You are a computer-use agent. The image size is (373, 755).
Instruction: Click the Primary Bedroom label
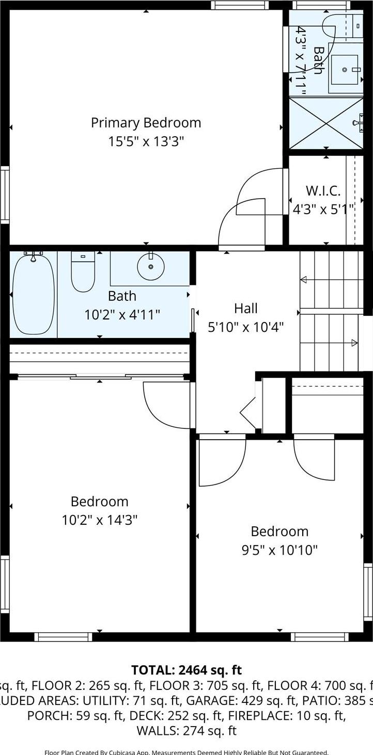tap(146, 123)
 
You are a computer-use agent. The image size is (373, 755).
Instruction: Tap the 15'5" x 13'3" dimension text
tap(146, 141)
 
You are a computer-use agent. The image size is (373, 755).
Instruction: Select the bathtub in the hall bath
tap(34, 294)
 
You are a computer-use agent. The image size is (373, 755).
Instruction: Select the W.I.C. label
tap(323, 191)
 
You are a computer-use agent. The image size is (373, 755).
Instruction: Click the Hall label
tap(245, 309)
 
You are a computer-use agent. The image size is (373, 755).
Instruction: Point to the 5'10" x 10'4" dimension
tap(245, 327)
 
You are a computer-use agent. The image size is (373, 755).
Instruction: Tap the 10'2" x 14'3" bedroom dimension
tap(99, 520)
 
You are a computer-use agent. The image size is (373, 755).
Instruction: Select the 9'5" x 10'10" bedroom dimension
tap(279, 550)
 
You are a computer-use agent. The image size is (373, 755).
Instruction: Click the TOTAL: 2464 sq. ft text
tap(186, 670)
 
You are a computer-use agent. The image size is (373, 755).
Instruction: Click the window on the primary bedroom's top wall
tap(240, 5)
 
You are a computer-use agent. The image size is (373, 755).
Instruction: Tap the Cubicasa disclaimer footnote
tap(186, 752)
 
